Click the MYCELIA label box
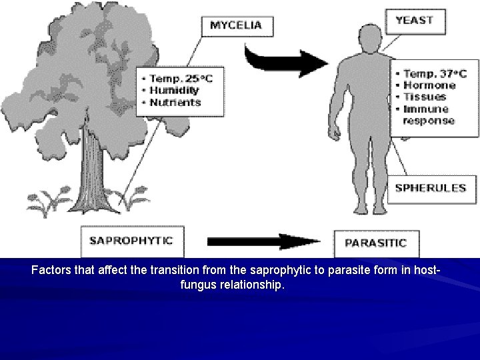236,26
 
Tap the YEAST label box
414,20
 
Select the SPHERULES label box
430,188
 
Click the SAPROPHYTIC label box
132,241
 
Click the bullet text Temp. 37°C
434,73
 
